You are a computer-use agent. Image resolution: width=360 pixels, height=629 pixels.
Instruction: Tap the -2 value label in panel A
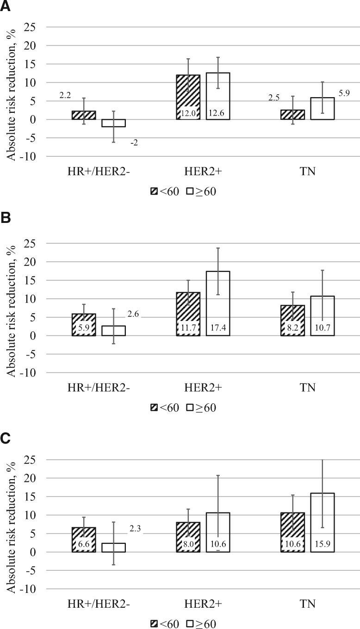coord(134,143)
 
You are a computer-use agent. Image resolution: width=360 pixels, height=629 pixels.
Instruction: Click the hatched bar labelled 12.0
coord(188,97)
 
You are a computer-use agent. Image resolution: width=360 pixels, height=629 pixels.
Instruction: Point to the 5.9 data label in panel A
coord(344,92)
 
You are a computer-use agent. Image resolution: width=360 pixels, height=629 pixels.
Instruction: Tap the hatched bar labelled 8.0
coord(188,537)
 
